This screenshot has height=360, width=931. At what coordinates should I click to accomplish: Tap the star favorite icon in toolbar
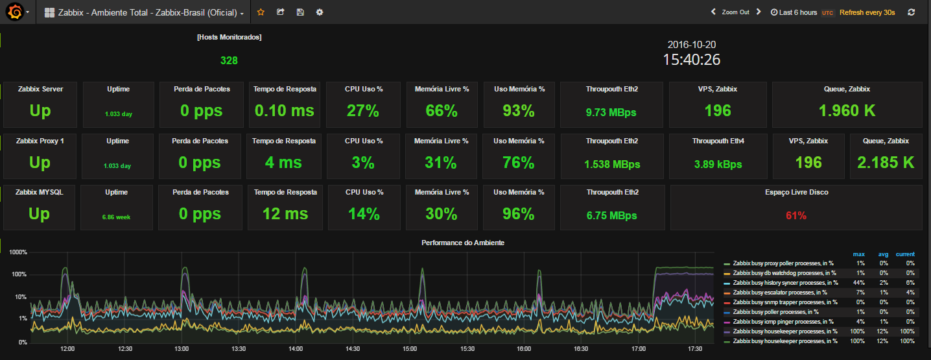point(261,12)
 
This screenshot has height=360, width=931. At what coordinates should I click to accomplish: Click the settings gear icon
point(320,12)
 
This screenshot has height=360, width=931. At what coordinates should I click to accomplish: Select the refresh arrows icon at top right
point(911,12)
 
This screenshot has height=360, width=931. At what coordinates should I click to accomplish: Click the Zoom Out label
point(735,12)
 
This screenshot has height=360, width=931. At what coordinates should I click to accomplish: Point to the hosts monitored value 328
point(229,61)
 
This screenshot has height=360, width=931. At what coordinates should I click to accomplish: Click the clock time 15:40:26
point(691,60)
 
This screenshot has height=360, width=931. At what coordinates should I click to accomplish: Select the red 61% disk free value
point(796,215)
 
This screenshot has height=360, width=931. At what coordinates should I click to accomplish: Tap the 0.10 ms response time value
point(285,111)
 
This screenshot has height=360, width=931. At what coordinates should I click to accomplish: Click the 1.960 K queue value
point(847,111)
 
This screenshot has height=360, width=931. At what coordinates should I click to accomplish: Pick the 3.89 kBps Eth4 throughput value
point(717,164)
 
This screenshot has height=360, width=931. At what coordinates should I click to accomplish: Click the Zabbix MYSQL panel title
point(40,192)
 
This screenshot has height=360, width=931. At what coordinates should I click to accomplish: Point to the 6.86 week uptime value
point(116,217)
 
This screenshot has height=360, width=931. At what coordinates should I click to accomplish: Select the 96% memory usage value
point(518,214)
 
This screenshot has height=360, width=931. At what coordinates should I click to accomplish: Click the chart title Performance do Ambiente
point(463,243)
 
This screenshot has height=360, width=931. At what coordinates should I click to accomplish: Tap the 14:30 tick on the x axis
point(353,348)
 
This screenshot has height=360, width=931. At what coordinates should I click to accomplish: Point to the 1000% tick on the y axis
point(18,252)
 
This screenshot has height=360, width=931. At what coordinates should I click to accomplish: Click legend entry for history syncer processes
point(785,283)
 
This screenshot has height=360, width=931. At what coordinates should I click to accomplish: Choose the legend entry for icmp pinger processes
point(783,322)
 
